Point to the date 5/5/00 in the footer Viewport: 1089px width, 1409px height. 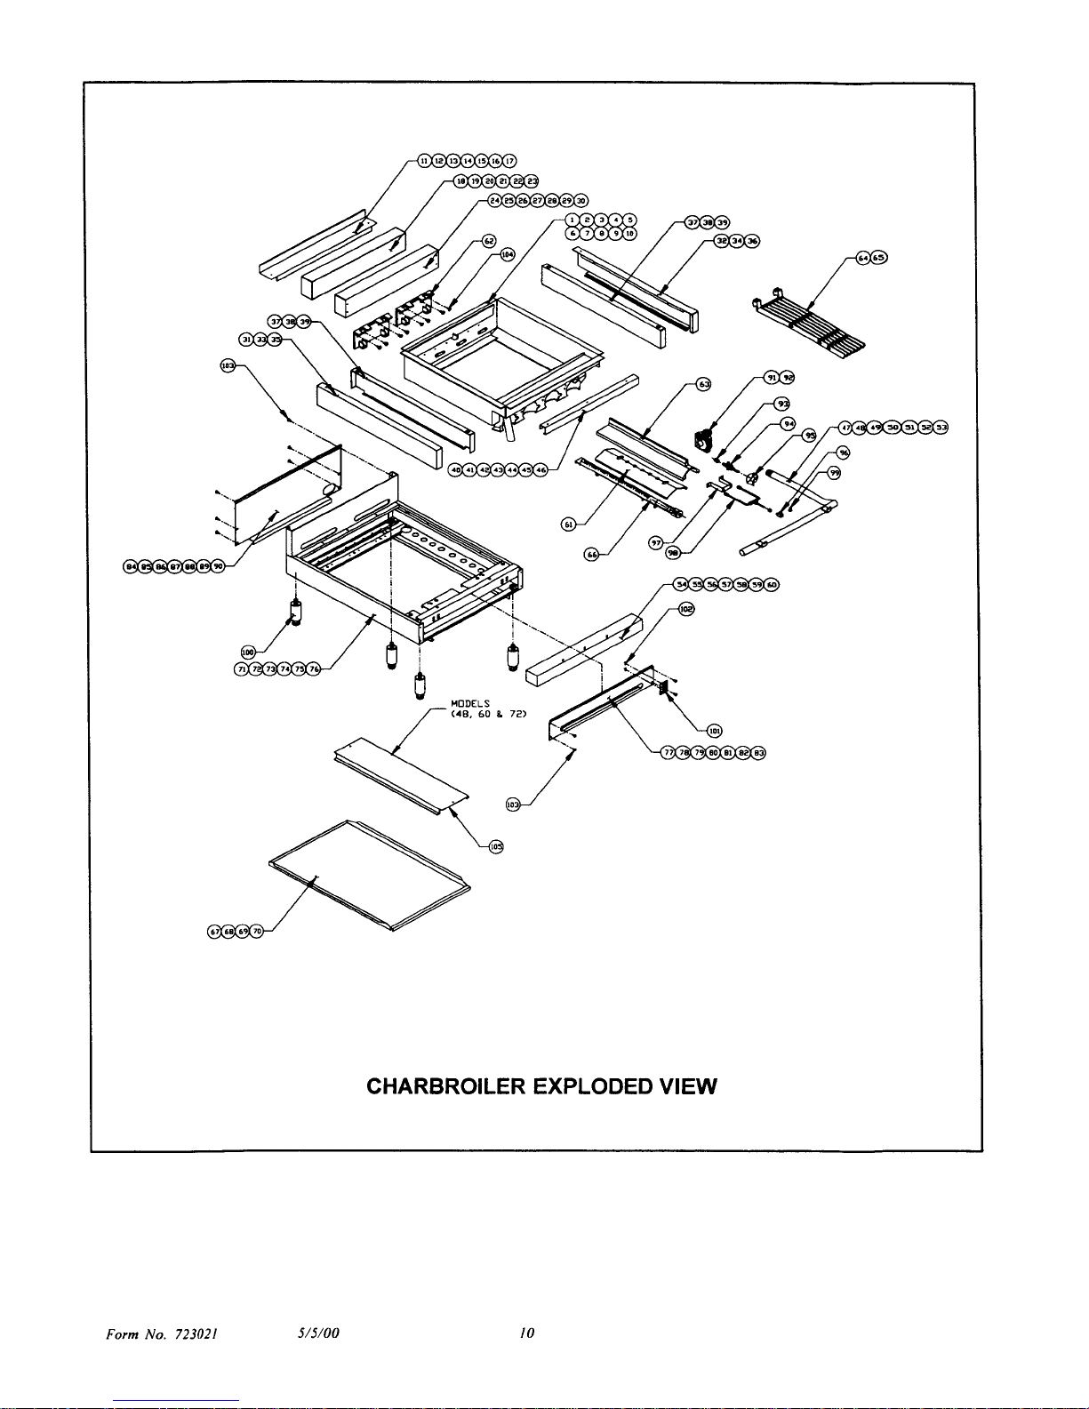coord(319,1333)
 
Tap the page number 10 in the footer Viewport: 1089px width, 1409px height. coord(527,1333)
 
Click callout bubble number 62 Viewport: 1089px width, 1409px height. coord(488,241)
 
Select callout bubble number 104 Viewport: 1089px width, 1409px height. coord(508,254)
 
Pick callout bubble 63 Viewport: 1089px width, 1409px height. coord(703,384)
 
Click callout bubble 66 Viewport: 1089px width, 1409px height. coord(591,555)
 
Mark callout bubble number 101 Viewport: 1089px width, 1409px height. coord(714,731)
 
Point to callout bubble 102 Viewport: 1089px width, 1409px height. coord(686,610)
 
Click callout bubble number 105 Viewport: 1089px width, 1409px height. coord(495,846)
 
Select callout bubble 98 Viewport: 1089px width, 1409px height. coord(673,553)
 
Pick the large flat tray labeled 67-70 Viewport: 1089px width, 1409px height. coord(369,876)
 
